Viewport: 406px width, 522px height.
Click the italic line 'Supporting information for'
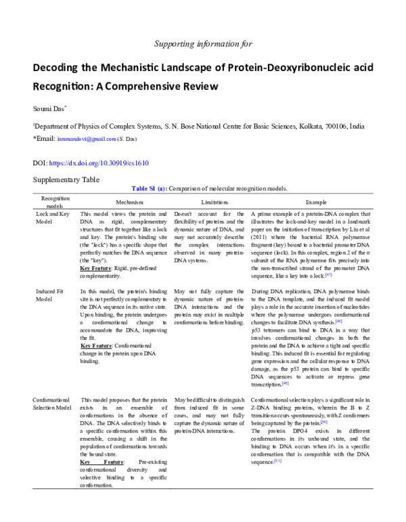[203, 44]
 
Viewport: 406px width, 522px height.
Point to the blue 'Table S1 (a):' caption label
[148, 188]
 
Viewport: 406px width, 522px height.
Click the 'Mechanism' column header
[129, 202]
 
